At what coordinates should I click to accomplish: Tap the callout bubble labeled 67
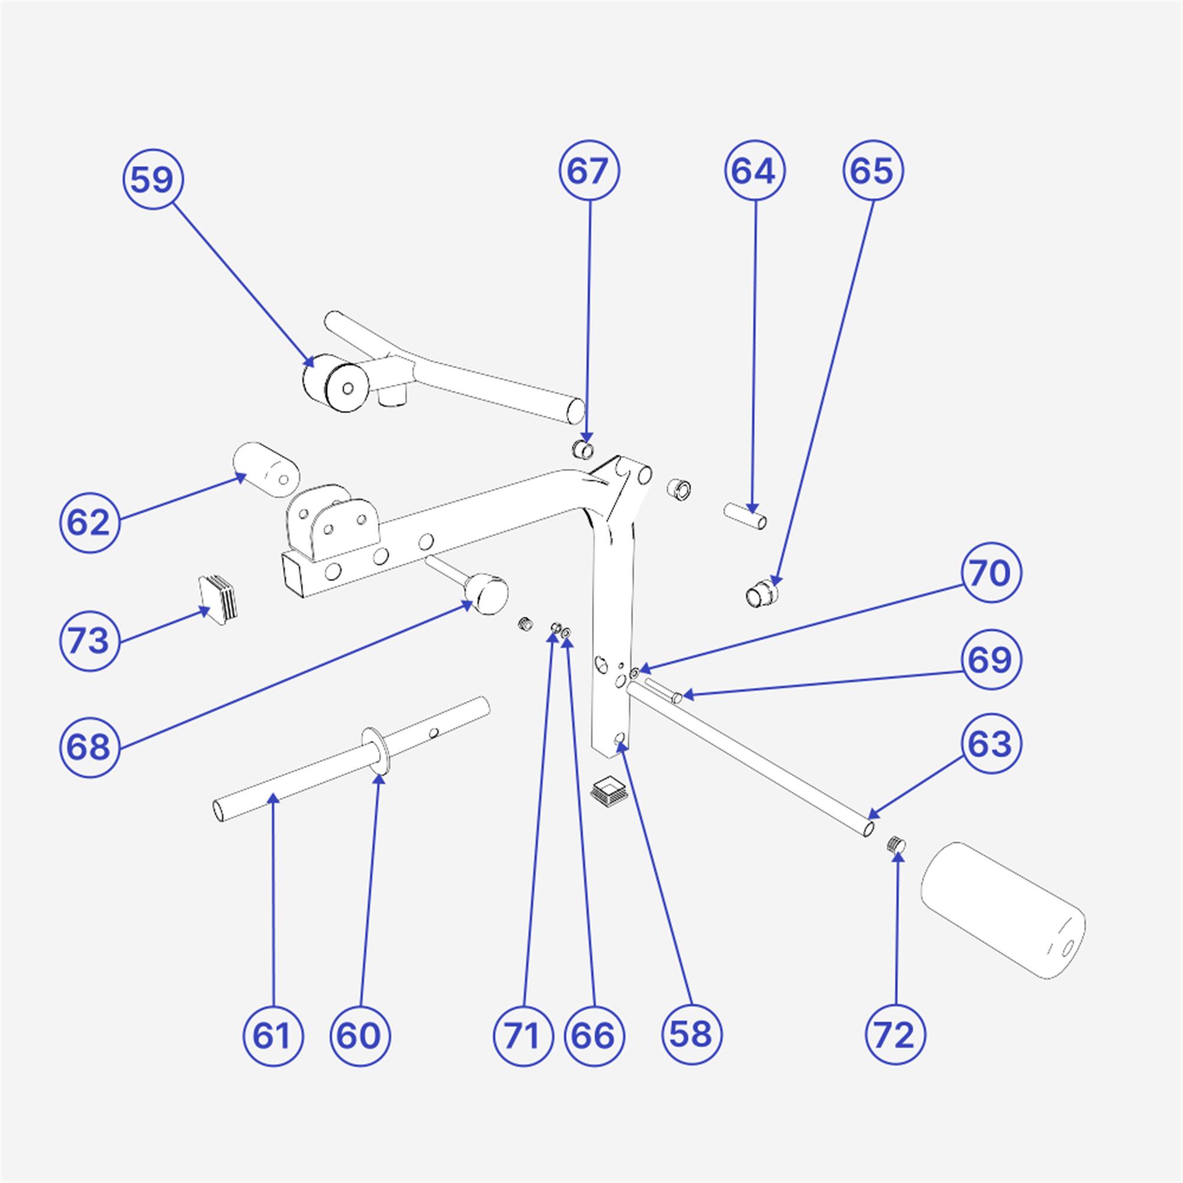tap(589, 171)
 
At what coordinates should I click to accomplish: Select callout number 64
tap(755, 171)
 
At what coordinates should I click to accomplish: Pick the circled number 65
tap(873, 171)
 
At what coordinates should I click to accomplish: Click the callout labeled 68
tap(89, 747)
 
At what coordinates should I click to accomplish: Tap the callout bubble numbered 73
tap(89, 641)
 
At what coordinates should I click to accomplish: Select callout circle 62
tap(89, 523)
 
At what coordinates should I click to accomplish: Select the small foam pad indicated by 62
tap(266, 470)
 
